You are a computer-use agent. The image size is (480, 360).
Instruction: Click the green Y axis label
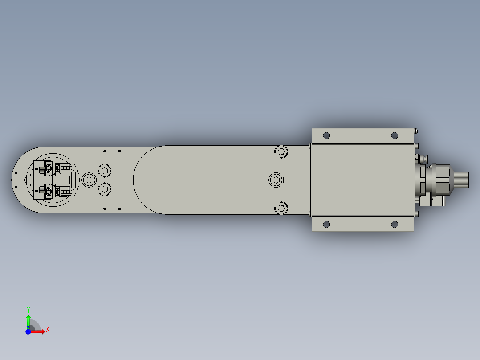pyautogui.click(x=28, y=310)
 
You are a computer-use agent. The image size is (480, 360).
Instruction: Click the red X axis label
pyautogui.click(x=48, y=330)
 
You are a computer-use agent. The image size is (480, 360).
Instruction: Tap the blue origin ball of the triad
pyautogui.click(x=28, y=331)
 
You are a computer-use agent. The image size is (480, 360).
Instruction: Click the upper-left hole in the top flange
pyautogui.click(x=326, y=135)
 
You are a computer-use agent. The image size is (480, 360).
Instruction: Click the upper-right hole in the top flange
pyautogui.click(x=395, y=135)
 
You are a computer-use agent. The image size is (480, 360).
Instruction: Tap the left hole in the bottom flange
pyautogui.click(x=326, y=224)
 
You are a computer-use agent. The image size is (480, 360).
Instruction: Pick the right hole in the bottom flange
pyautogui.click(x=395, y=224)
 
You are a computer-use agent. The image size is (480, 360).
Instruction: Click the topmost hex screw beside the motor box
pyautogui.click(x=281, y=151)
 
